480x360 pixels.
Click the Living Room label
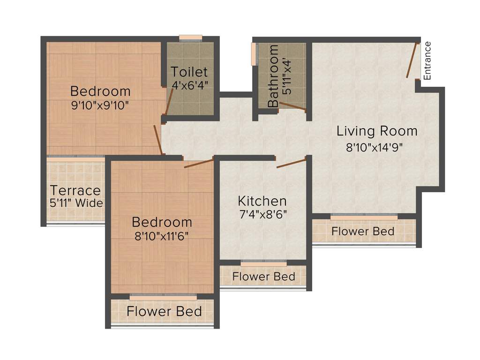pyautogui.click(x=377, y=131)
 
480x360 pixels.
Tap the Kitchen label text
pyautogui.click(x=262, y=202)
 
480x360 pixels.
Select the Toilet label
pyautogui.click(x=189, y=72)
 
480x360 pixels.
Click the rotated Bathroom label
pyautogui.click(x=273, y=76)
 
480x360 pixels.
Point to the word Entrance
pyautogui.click(x=427, y=61)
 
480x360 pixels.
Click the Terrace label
pyautogui.click(x=75, y=191)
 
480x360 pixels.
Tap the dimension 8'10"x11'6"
pyautogui.click(x=162, y=236)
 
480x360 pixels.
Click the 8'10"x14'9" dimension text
pyautogui.click(x=375, y=147)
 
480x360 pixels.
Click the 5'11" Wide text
pyautogui.click(x=76, y=203)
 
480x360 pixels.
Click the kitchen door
pyautogui.click(x=291, y=163)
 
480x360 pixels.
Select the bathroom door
pyautogui.click(x=292, y=107)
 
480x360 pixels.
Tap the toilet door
pyautogui.click(x=169, y=101)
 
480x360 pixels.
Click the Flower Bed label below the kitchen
pyautogui.click(x=263, y=277)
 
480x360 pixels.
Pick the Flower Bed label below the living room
pyautogui.click(x=363, y=231)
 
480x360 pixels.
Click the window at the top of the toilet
pyautogui.click(x=191, y=38)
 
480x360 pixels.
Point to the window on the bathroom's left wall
pyautogui.click(x=254, y=54)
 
